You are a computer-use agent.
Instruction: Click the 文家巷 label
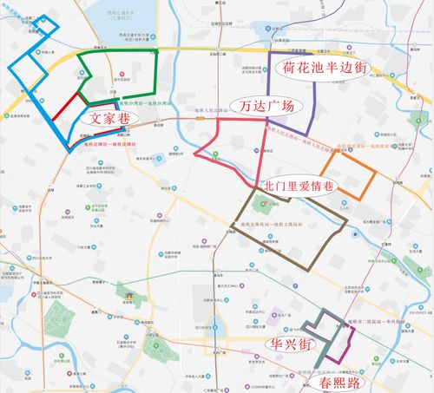pos(108,115)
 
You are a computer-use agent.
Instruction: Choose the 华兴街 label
pos(292,344)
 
